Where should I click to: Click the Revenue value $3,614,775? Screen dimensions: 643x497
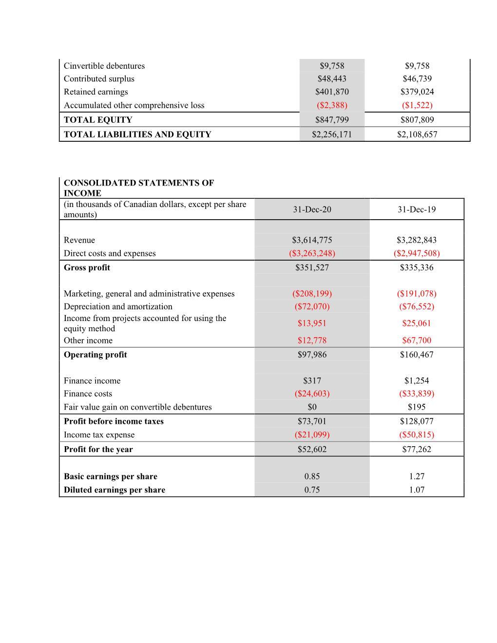coord(312,240)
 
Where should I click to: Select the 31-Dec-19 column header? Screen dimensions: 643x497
coord(417,209)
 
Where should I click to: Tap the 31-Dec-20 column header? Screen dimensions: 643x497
coord(312,209)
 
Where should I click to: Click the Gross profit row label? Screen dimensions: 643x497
coord(87,267)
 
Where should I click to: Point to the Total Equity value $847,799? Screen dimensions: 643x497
coord(332,120)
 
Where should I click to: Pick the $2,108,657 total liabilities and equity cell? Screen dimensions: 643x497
coord(417,134)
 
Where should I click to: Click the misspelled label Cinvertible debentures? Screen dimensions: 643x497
coord(104,66)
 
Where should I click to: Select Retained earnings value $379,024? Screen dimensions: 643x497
coord(417,92)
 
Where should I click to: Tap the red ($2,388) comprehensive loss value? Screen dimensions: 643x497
coord(332,105)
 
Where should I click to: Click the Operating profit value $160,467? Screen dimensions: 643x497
coord(417,355)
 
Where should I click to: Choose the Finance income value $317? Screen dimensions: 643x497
coord(312,381)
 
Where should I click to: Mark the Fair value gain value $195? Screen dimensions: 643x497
coord(417,407)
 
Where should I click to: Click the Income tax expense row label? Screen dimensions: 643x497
coord(99,435)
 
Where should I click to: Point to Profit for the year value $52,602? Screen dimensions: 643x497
coord(312,450)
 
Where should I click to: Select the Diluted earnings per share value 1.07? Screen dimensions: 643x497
coord(417,490)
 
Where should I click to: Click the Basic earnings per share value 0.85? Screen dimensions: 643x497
coord(312,476)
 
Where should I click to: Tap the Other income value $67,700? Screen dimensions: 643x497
coord(417,340)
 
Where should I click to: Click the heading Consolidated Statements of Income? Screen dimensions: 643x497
coord(138,188)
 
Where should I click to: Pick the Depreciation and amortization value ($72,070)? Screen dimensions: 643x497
coord(312,306)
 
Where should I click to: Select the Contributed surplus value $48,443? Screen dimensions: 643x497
coord(332,79)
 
